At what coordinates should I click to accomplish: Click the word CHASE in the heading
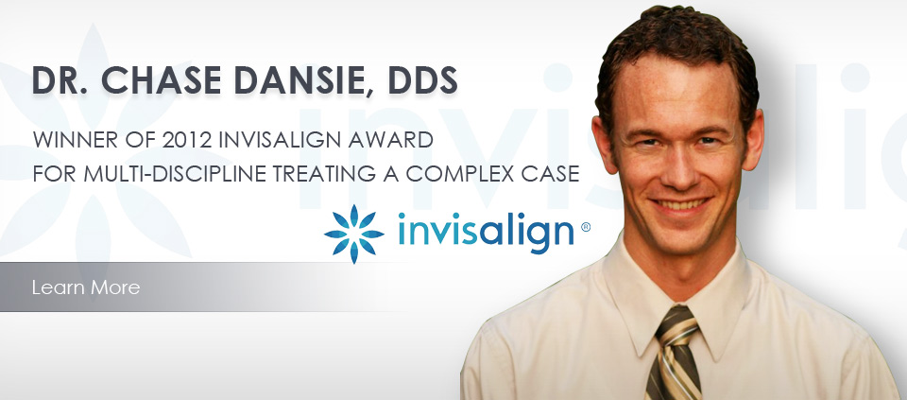coord(162,80)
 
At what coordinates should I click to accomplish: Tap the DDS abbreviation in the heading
coord(422,80)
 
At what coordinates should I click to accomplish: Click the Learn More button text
coord(86,287)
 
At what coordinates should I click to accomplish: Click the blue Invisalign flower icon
coord(353,234)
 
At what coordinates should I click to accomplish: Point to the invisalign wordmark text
coord(486,232)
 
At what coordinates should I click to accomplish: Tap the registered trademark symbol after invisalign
coord(585,228)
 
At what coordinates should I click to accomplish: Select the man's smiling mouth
coord(679,204)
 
